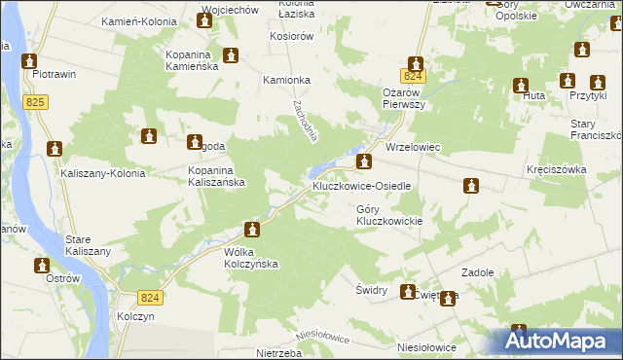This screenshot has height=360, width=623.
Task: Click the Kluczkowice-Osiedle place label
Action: click(x=361, y=185)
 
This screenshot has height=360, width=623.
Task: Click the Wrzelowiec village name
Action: click(x=414, y=148)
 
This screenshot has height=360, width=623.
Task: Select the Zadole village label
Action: click(x=484, y=273)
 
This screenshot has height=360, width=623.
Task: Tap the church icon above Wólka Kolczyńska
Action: click(x=252, y=230)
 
